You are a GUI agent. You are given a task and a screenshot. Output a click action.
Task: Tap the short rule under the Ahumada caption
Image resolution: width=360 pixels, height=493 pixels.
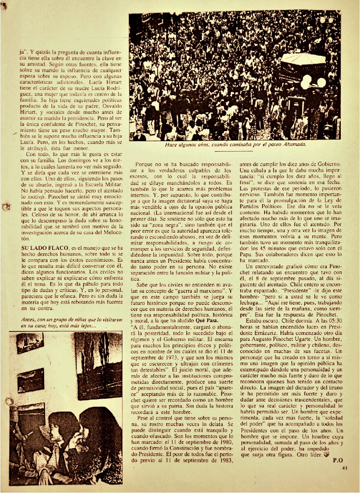234,151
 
